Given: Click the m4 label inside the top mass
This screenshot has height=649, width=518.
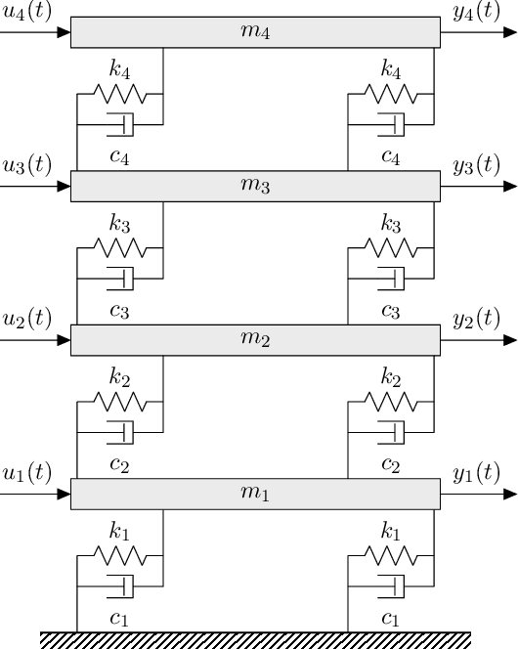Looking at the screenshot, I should (255, 32).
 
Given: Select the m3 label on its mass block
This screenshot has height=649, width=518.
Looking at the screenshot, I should (255, 187).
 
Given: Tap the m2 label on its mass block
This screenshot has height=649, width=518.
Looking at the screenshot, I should (255, 341).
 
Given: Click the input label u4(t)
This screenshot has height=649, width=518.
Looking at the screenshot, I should (28, 12).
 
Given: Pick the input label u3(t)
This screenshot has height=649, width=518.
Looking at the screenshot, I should (28, 165).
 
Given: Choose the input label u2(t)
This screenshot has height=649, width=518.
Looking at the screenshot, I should (28, 320).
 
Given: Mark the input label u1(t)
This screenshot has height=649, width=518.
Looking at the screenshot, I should (28, 474).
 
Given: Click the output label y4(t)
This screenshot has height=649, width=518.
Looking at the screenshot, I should (477, 12).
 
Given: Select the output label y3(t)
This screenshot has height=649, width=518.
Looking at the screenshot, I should (477, 165).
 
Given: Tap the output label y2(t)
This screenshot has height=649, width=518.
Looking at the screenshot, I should (477, 320).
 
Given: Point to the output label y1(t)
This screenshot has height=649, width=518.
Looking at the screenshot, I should (477, 474).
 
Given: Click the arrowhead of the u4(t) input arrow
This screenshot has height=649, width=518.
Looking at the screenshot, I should (64, 32).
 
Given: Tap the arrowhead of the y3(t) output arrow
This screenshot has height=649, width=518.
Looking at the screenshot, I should (509, 187).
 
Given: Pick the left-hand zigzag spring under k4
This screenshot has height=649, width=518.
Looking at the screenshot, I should (119, 95).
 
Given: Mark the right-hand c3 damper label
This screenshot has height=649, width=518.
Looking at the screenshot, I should (390, 311).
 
